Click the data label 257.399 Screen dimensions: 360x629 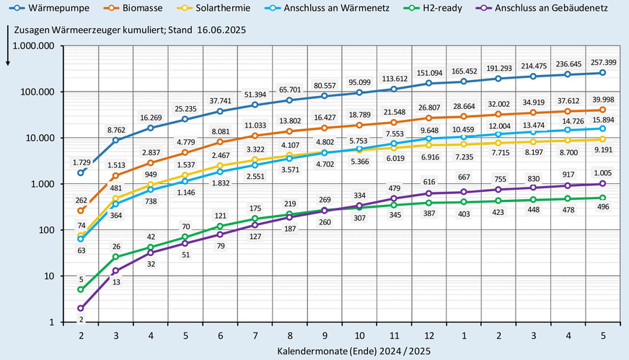coord(602,61)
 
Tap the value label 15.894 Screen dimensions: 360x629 coord(602,118)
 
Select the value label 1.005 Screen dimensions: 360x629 coord(602,172)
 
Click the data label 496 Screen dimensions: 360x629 coord(602,208)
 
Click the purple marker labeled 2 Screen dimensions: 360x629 coord(81,308)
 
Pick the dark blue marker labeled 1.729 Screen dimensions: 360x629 coord(81,173)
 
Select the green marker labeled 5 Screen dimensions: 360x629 coord(81,289)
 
